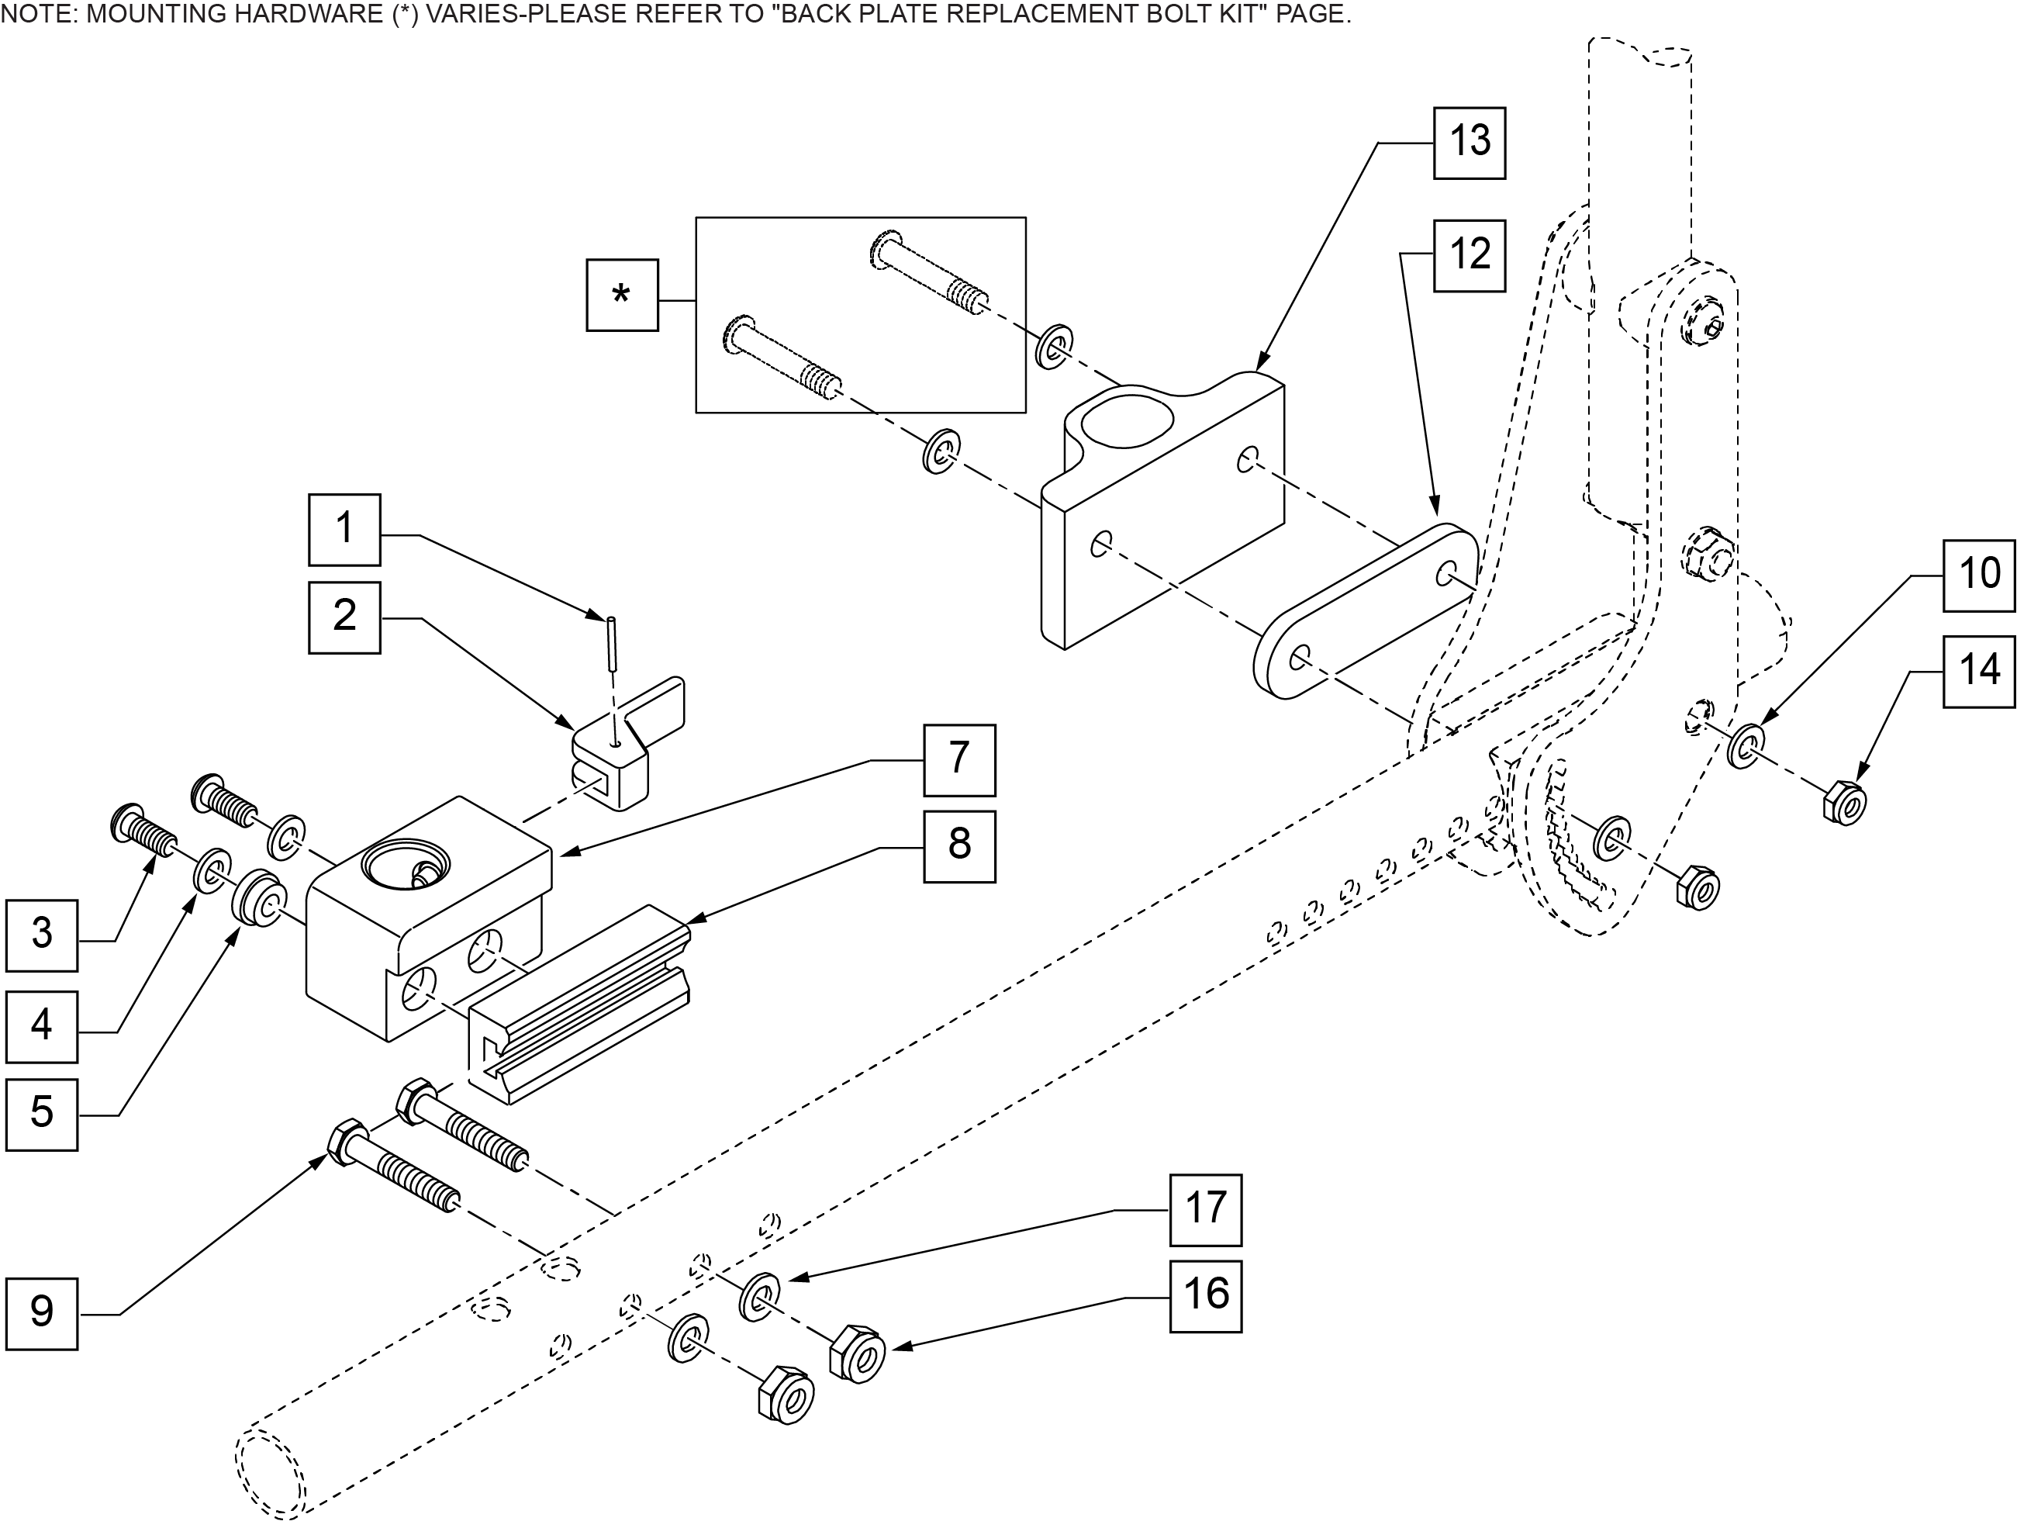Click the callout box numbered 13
[x=1469, y=143]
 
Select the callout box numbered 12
[x=1469, y=255]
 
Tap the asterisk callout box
[x=622, y=295]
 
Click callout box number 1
[x=344, y=530]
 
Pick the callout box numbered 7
[x=959, y=760]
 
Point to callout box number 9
[x=42, y=1314]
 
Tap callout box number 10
[x=1979, y=576]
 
